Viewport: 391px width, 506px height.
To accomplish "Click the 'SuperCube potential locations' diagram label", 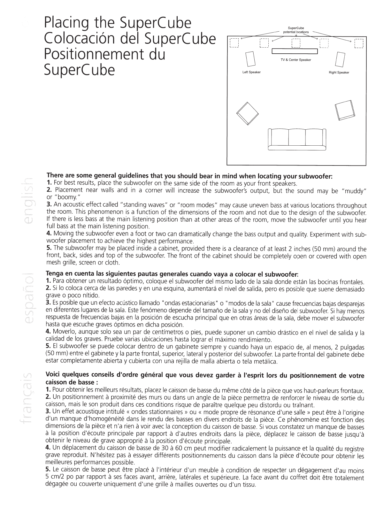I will coord(296,30).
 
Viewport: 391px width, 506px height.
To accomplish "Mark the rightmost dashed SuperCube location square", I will coord(358,43).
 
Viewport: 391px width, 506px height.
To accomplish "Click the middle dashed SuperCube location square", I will coord(296,43).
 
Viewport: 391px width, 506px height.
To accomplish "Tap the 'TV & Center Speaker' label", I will coord(296,60).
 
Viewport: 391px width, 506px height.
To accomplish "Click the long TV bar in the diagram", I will coord(294,51).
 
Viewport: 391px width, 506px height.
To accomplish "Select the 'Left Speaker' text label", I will coord(252,72).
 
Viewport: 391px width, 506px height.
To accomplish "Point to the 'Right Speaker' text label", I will coord(339,73).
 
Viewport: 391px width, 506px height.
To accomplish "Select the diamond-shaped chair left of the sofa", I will coord(247,113).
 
